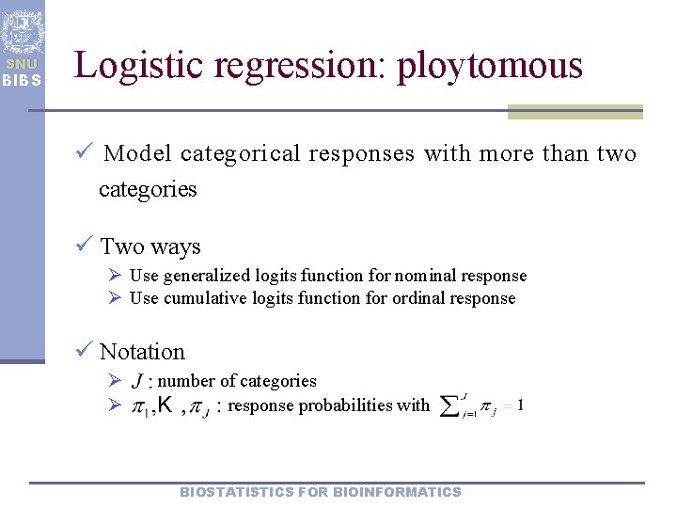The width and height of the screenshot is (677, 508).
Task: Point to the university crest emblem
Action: [x=22, y=29]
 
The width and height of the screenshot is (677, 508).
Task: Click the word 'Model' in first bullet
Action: [x=138, y=153]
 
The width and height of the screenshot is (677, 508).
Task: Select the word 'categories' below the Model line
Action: [x=148, y=189]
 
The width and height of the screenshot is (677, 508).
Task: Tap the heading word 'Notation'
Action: [x=142, y=352]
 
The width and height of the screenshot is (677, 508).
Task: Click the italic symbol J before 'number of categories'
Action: [x=138, y=381]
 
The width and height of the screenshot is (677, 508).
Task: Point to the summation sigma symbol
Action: [x=450, y=406]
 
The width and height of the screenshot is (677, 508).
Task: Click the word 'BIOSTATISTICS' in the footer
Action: [x=235, y=492]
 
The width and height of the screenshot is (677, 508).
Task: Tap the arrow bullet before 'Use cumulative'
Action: [x=115, y=298]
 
